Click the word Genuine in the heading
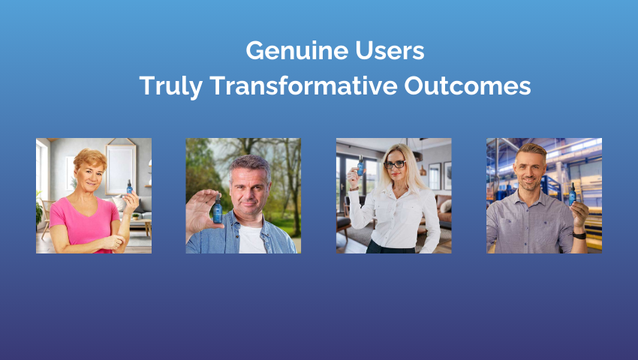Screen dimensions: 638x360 click(297, 51)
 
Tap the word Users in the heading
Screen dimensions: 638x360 click(390, 50)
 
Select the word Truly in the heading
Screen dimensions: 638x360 click(171, 85)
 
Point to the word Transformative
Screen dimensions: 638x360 click(303, 85)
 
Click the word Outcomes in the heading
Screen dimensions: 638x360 click(468, 85)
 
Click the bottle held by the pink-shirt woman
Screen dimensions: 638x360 click(129, 187)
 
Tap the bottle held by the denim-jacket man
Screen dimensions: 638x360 click(217, 208)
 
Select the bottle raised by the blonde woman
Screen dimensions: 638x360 click(360, 166)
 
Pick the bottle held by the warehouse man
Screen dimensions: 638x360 click(573, 194)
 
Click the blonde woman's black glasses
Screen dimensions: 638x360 click(395, 164)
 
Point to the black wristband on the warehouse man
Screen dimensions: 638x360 click(579, 235)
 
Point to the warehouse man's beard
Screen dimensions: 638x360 click(529, 184)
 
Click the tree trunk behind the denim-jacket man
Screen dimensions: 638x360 click(293, 187)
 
